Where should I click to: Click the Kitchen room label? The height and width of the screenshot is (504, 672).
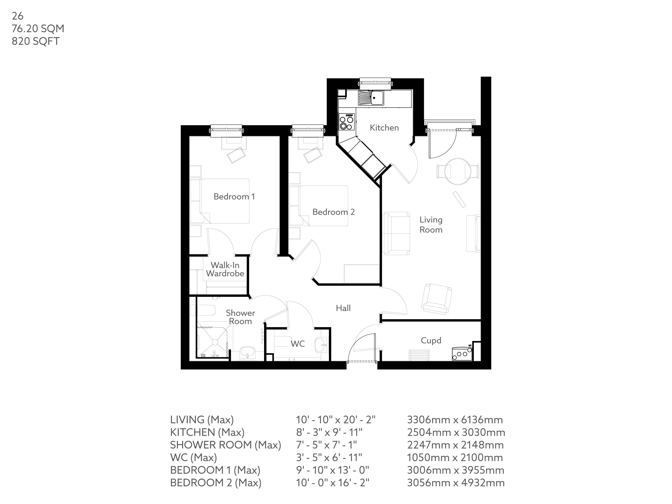(x=384, y=128)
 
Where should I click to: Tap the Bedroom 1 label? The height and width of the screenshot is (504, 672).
(x=234, y=197)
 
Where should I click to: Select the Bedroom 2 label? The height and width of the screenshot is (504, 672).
(x=334, y=212)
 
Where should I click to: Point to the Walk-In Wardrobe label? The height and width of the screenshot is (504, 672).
(x=225, y=269)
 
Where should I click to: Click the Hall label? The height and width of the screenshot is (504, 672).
(x=343, y=308)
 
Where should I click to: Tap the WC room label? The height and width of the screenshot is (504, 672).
(x=298, y=344)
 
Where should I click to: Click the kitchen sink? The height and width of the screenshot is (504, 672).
(x=371, y=98)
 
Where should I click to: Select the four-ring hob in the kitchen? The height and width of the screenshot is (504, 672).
(x=347, y=122)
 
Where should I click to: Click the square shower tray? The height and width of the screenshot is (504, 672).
(x=213, y=342)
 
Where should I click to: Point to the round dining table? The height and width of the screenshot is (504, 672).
(x=458, y=171)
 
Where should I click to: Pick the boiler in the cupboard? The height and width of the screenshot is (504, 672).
(x=462, y=354)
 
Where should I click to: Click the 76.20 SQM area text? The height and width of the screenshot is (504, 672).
(x=38, y=29)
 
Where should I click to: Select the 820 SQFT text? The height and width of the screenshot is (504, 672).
(x=35, y=41)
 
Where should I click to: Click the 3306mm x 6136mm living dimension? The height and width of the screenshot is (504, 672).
(x=455, y=420)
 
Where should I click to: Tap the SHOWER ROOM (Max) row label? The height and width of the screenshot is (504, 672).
(x=225, y=445)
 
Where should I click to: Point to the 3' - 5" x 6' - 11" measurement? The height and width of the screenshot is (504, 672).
(x=329, y=457)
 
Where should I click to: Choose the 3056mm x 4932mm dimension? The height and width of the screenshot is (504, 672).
(x=456, y=482)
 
